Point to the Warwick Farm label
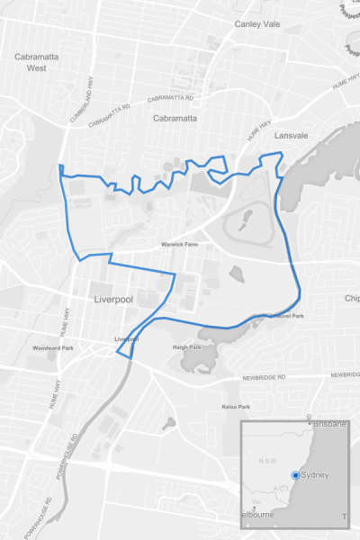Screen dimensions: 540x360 coord(179,243)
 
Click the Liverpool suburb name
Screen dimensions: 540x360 coord(112,297)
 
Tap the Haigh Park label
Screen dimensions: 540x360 coord(186,346)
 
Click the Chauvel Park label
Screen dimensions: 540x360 coord(286,316)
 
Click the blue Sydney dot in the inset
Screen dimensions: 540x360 coord(298,475)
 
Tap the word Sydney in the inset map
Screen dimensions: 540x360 coord(317,475)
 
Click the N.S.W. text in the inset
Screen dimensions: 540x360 coord(267,462)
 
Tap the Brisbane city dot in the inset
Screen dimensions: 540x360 coord(310,421)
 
